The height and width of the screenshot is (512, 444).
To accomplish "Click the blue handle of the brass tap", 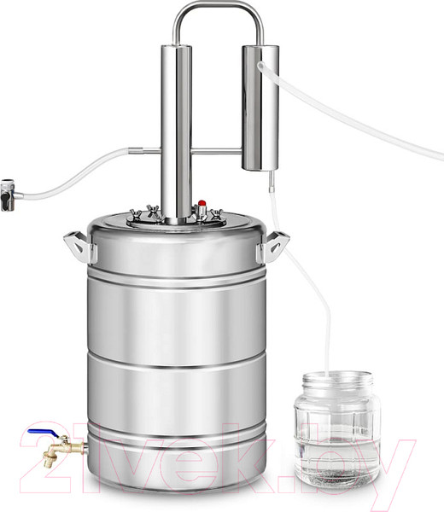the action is click(x=43, y=433).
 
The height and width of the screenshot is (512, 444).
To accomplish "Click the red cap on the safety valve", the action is click(x=202, y=203).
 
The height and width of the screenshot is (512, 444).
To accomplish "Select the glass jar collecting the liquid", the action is click(x=337, y=428).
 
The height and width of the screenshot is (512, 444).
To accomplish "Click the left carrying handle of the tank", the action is click(x=79, y=247).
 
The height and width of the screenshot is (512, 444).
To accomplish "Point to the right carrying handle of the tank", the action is click(x=273, y=247).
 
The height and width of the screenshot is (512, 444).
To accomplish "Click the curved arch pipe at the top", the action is click(x=219, y=7).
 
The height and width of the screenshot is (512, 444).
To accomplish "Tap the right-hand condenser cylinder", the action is click(x=260, y=108).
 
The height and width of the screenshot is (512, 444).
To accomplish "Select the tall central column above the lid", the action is click(x=176, y=134).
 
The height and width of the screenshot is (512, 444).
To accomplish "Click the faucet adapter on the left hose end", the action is click(x=8, y=195).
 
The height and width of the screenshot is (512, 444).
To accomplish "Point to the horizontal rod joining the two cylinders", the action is click(x=217, y=151).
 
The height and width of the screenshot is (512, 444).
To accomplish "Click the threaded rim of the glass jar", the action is click(x=337, y=380).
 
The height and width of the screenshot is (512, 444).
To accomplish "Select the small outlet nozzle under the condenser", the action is click(x=271, y=182).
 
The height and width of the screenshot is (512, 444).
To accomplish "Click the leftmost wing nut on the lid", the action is click(x=136, y=214).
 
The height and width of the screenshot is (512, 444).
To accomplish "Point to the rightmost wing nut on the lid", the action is click(x=216, y=214).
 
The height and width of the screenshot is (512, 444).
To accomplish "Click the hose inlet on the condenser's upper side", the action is click(x=261, y=66).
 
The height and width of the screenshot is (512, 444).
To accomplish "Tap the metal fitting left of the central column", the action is click(x=144, y=151).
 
